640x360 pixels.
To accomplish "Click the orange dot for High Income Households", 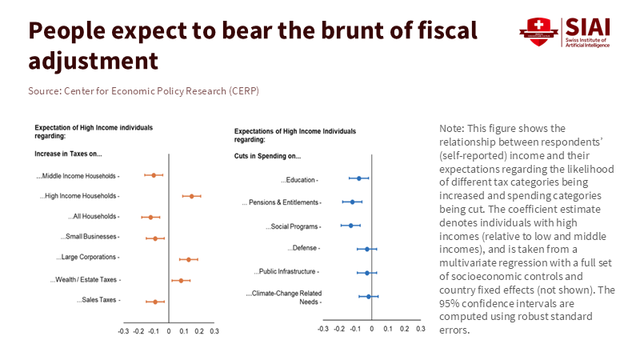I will (191, 196).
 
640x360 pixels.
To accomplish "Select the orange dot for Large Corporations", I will (188, 259).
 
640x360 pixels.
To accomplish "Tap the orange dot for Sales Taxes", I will (155, 302).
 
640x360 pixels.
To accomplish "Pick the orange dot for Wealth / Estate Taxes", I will (181, 281).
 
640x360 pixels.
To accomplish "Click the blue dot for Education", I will (359, 178).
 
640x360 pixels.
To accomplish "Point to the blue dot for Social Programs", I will (350, 226).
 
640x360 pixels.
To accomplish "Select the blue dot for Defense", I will (367, 249).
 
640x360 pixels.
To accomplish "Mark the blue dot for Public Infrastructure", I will (367, 273).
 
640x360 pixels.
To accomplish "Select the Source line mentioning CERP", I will (143, 91).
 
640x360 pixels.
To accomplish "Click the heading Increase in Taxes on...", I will (68, 153).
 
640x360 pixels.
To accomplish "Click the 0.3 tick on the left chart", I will (214, 330).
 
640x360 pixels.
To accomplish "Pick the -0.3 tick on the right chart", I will (322, 329).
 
